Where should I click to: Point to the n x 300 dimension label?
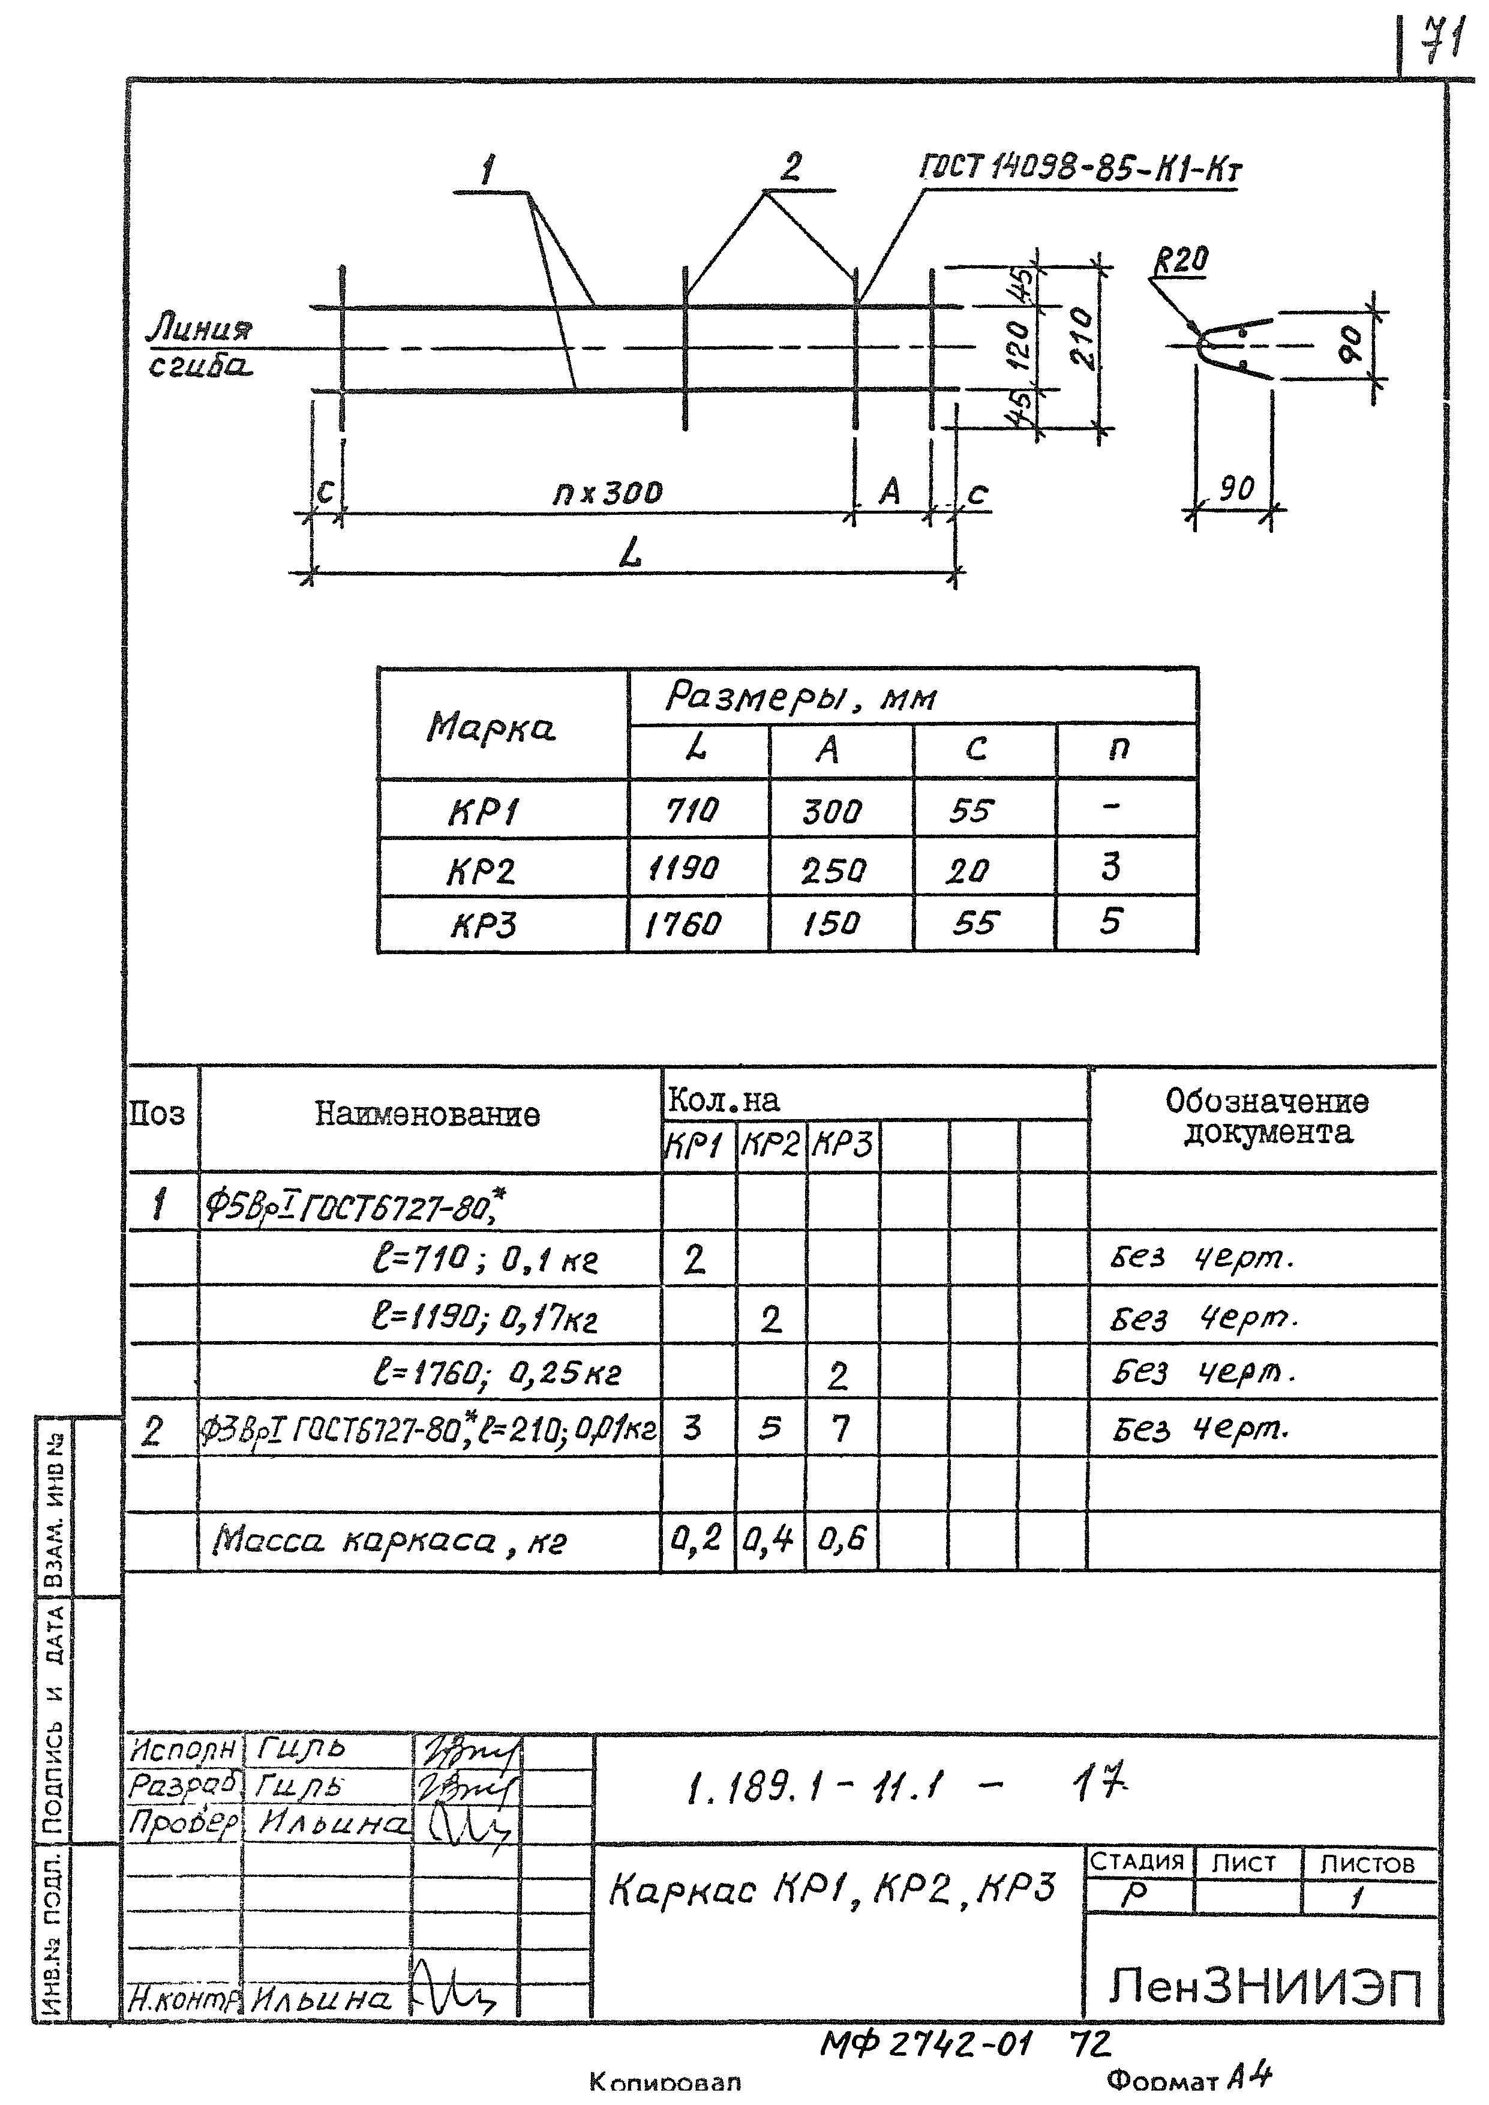click(607, 493)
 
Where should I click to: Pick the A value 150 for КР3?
click(831, 923)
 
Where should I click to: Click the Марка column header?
click(491, 728)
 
